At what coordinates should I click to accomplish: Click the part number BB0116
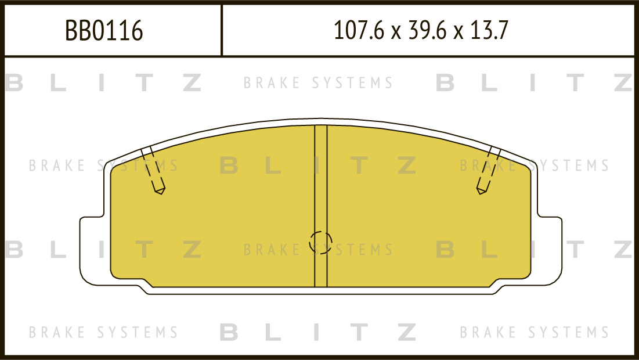[104, 30]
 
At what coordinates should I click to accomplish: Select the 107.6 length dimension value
[359, 30]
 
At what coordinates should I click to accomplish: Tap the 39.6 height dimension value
[427, 30]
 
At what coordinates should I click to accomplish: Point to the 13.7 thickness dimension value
[489, 30]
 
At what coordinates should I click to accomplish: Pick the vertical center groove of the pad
[321, 206]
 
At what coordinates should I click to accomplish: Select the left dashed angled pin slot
[153, 170]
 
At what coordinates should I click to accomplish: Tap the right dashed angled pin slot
[488, 170]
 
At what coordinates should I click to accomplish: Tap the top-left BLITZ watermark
[103, 82]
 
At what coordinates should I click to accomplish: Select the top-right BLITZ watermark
[534, 82]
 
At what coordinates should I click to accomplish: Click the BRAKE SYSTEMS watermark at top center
[318, 83]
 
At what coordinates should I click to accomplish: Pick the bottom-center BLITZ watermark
[318, 332]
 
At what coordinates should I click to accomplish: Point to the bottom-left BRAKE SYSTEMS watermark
[103, 332]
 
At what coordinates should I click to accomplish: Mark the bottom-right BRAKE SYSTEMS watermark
[535, 332]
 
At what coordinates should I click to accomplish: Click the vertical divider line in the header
[222, 30]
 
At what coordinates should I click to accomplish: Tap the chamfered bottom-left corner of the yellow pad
[147, 283]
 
